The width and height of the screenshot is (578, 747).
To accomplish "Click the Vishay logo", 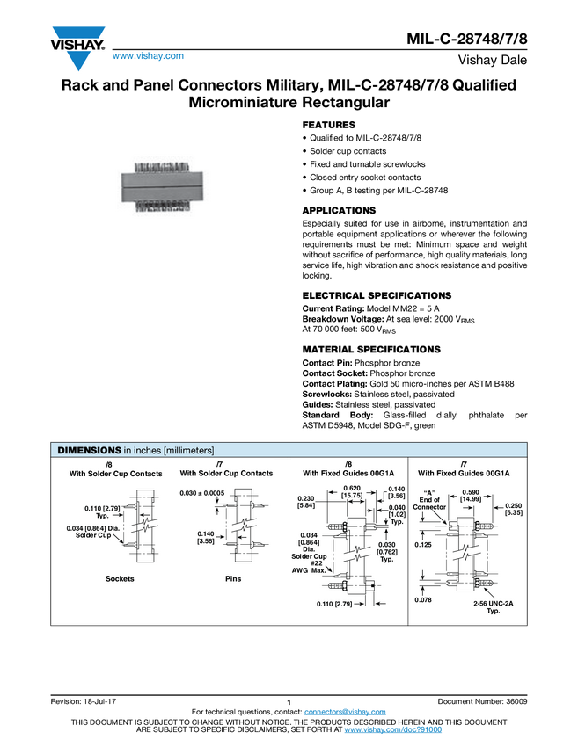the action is point(77,47).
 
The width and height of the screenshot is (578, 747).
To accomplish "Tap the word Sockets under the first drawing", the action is point(120,579).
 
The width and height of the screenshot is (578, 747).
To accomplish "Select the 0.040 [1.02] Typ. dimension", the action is point(397,512).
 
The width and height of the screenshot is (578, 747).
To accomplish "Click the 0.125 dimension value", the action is point(424,544).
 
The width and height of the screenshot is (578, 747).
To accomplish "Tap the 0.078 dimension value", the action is point(424,599).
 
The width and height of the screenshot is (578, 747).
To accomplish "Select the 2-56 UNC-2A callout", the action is point(493,606).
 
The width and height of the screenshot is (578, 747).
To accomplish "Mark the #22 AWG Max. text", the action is point(311,566).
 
